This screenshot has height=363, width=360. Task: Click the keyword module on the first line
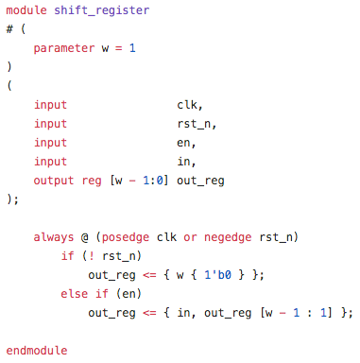(x=26, y=10)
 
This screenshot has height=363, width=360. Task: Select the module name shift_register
(x=102, y=10)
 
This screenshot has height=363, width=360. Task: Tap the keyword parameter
(x=64, y=48)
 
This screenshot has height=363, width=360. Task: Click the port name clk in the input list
(x=189, y=105)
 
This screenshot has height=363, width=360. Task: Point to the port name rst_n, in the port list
(x=197, y=124)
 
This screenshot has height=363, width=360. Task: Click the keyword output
(x=54, y=181)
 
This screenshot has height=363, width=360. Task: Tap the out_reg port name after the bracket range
(x=200, y=181)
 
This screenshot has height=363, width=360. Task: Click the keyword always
(x=54, y=237)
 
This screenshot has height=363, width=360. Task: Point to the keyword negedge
(x=228, y=237)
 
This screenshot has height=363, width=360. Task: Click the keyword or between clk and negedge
(x=190, y=237)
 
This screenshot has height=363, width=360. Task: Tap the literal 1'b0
(x=217, y=275)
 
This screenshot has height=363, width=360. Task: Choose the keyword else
(x=75, y=294)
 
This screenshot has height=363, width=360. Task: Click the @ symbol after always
(x=85, y=237)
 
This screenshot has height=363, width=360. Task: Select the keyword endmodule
(x=37, y=351)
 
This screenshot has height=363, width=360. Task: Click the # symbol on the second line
(x=9, y=29)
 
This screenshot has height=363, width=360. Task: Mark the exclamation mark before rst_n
(x=92, y=256)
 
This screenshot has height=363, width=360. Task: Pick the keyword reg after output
(x=92, y=181)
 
